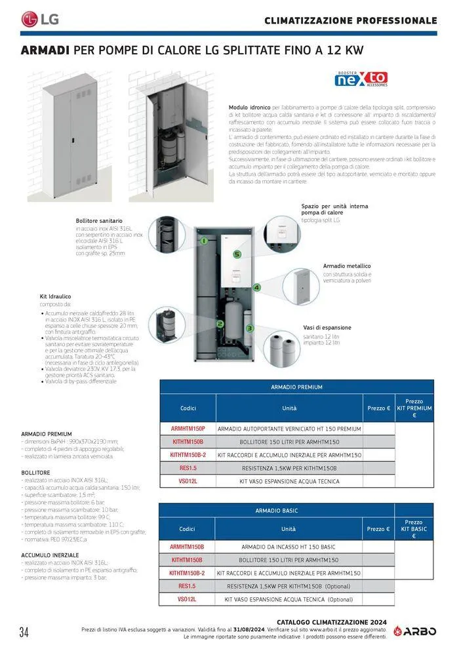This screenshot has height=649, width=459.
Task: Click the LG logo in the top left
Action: coord(40,19)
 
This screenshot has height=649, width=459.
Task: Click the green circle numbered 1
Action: coord(204,241)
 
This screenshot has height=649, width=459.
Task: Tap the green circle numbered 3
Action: coord(249,328)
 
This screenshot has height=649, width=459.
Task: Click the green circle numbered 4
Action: coord(257,287)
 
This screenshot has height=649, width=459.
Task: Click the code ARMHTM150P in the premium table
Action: coord(188,428)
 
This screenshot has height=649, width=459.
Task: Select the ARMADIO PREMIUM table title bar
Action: coord(296,387)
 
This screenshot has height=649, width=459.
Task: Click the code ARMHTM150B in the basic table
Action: coord(187,546)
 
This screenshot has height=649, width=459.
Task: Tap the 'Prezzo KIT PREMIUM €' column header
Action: coord(414,408)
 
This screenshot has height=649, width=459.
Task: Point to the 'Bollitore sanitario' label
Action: coord(99,221)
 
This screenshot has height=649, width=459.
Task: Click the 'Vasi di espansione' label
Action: coord(327,327)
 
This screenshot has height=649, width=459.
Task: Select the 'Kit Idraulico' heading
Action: coord(54,297)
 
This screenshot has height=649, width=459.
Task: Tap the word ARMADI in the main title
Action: coord(46,50)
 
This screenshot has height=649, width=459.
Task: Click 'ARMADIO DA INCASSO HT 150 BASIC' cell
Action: coord(289,546)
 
